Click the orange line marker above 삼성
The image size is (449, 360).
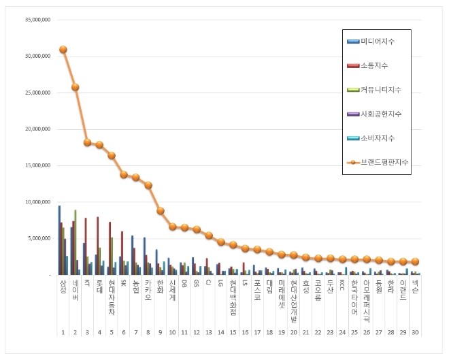[x=63, y=49]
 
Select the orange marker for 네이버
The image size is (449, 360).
[x=75, y=87]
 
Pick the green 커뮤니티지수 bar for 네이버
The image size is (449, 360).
[x=76, y=242]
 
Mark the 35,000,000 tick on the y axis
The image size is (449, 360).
[x=37, y=20]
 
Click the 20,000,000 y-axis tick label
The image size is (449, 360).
[x=37, y=129]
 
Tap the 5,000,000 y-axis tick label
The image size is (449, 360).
[x=39, y=238]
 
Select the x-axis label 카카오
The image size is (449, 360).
[x=148, y=290]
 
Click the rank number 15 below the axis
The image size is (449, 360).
[x=233, y=332]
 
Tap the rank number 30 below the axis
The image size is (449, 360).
[x=415, y=332]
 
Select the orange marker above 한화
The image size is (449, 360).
[x=160, y=211]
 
